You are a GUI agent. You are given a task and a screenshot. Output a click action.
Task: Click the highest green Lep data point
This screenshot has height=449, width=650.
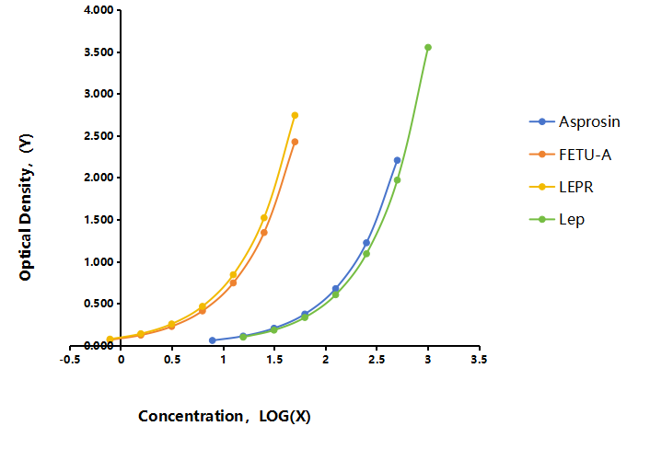[428, 47]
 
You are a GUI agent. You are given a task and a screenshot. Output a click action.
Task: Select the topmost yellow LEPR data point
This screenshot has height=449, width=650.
[295, 115]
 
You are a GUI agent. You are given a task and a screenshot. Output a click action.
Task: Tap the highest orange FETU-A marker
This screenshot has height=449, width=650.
[295, 142]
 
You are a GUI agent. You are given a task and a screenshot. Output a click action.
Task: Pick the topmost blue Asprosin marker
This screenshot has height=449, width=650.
[397, 160]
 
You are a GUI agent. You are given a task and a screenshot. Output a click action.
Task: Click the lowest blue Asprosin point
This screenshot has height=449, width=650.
[213, 340]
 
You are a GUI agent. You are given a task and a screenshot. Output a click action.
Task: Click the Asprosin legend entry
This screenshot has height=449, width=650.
[575, 121]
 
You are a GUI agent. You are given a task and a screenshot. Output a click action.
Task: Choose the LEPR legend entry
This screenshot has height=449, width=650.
[562, 187]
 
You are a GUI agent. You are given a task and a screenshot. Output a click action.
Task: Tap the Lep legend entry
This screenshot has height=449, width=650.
[557, 219]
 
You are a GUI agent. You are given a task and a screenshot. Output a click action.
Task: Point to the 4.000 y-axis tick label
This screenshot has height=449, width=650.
[99, 10]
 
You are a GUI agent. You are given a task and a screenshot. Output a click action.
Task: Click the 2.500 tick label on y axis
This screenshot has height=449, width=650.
[99, 136]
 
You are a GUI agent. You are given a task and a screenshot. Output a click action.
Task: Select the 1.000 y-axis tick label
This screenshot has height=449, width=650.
[99, 262]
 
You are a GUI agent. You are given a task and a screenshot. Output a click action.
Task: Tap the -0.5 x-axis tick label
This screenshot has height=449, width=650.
[70, 359]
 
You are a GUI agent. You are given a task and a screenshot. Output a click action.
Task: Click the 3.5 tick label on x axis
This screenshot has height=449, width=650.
[479, 359]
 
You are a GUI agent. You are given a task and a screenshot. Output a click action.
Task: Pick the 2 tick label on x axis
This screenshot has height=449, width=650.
[325, 359]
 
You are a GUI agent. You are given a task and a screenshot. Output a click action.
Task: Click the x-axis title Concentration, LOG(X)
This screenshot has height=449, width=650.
[225, 416]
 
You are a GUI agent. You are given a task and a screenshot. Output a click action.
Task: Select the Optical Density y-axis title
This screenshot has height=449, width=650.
[26, 207]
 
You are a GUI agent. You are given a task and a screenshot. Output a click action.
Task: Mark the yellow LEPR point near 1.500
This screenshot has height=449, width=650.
[264, 217]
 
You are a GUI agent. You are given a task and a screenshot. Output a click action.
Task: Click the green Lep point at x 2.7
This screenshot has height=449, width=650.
[397, 180]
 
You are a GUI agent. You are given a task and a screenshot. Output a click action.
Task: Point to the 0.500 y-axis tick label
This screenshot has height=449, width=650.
[99, 304]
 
